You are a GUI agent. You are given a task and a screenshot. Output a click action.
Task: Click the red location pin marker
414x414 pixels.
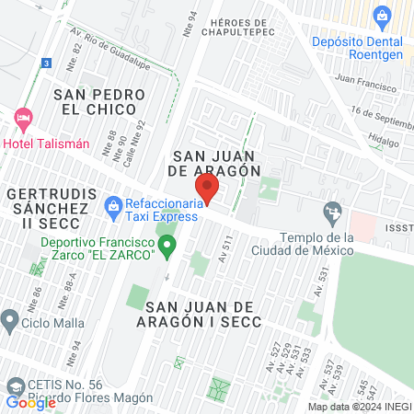(208, 189)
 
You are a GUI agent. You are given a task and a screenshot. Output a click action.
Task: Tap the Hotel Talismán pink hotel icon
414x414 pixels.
(23, 119)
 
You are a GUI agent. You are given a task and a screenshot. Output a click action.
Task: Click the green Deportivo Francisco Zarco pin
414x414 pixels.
(167, 245)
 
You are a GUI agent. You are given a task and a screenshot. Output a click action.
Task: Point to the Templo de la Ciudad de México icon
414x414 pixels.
(332, 215)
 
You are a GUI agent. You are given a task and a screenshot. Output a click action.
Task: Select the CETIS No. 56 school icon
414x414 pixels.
(13, 385)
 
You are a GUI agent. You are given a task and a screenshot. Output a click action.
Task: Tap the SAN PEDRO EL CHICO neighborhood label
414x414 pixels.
(99, 103)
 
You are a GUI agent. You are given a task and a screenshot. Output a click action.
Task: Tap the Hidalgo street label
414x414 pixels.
(384, 143)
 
